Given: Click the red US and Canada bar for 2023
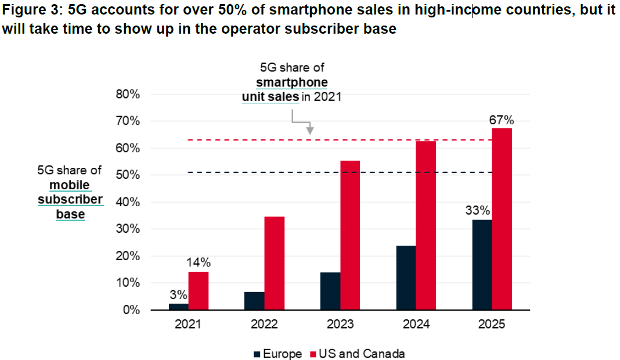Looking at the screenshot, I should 350,235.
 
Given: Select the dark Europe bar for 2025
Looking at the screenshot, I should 482,265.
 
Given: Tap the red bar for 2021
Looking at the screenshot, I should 199,291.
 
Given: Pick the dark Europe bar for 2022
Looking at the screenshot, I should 255,301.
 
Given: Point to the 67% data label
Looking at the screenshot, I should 501,121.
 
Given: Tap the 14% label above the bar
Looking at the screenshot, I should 198,263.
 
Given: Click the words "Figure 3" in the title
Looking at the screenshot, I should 28,10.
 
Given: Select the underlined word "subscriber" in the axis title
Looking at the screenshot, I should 70,200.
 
